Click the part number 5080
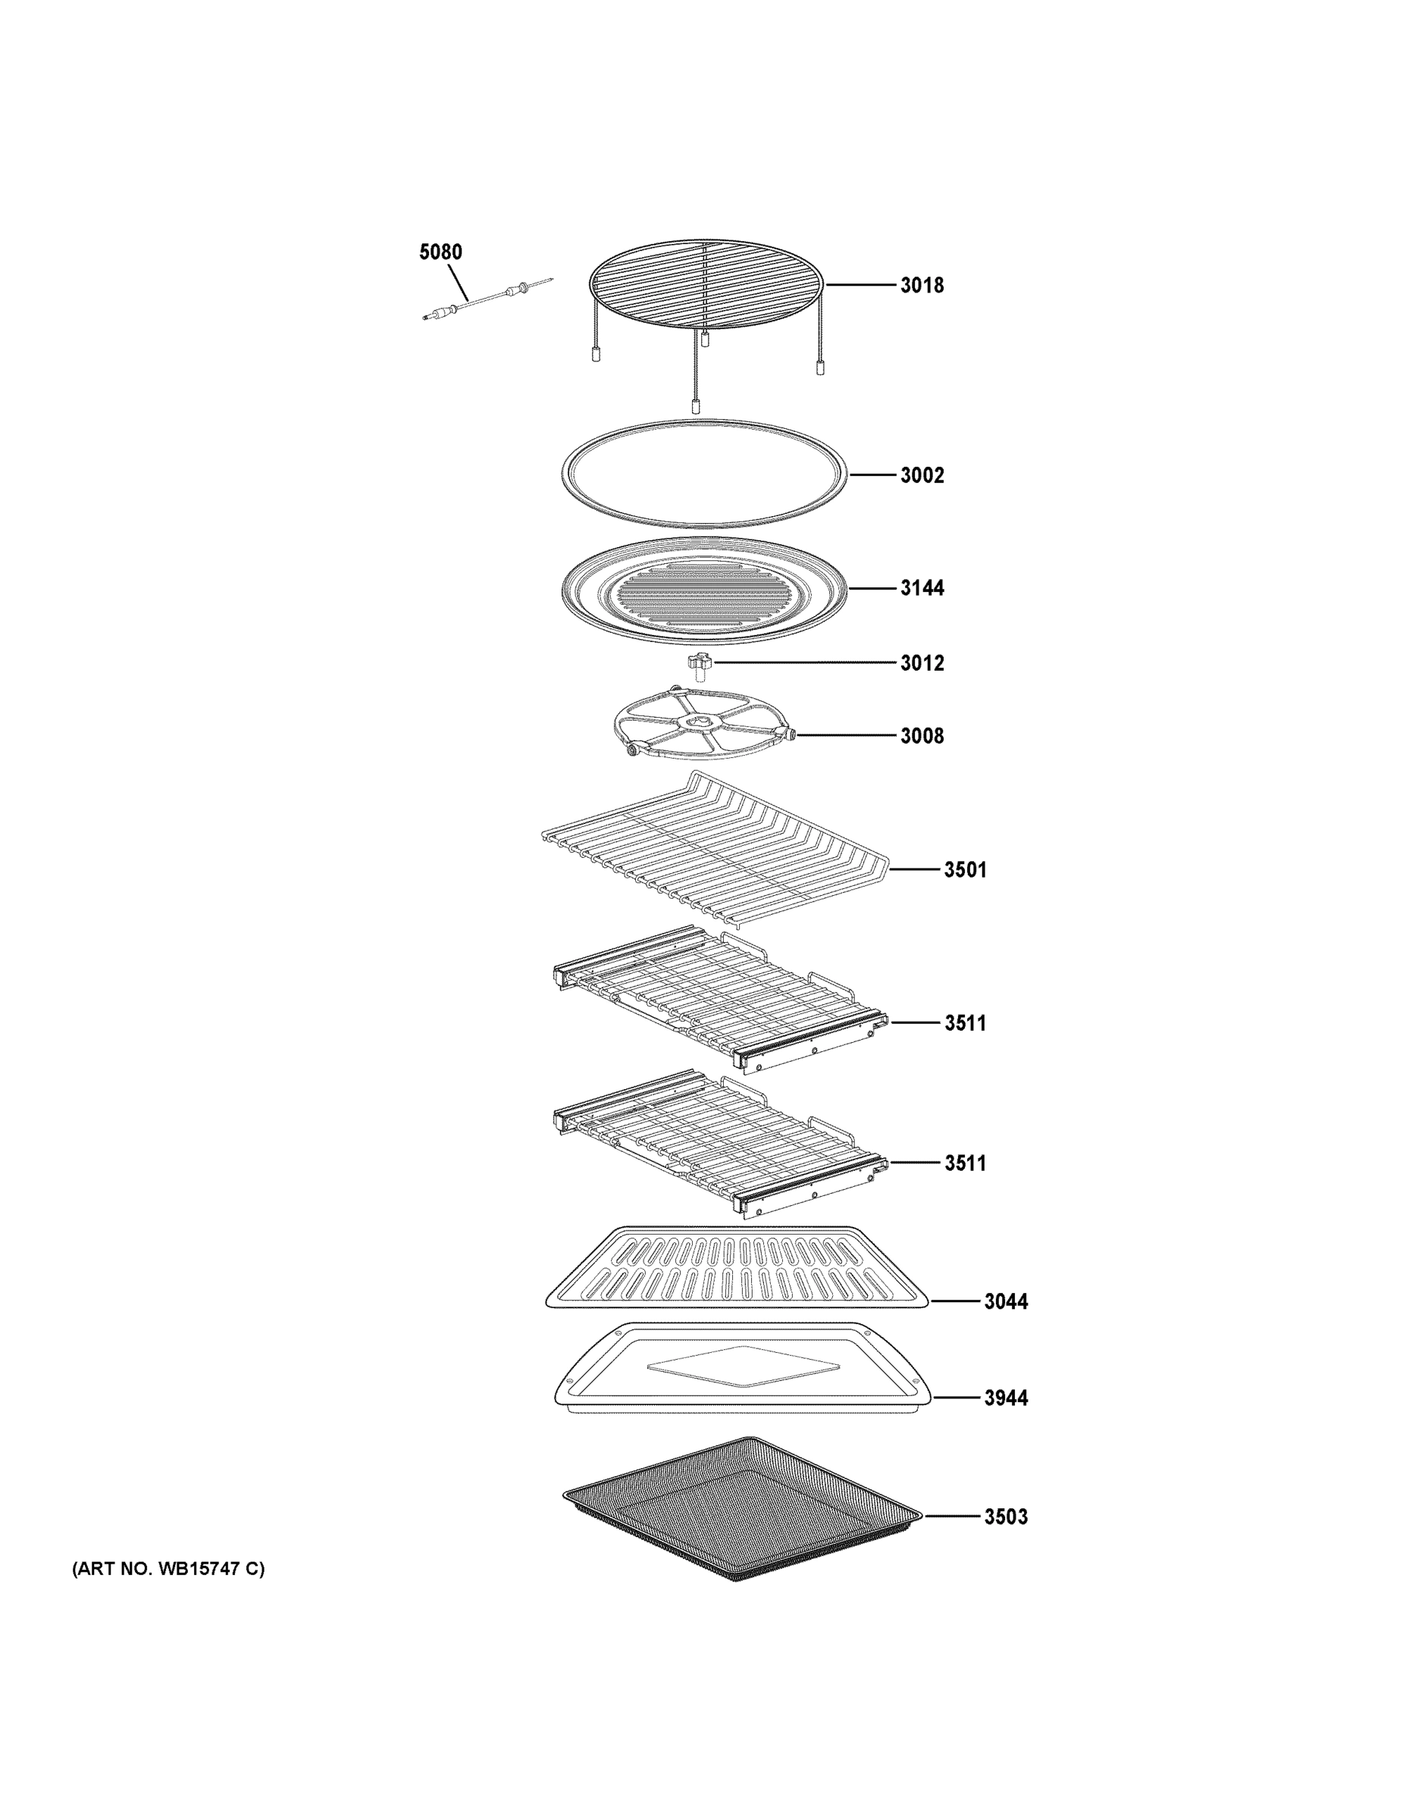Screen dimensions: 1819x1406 (x=440, y=252)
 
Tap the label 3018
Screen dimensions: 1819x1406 (x=922, y=286)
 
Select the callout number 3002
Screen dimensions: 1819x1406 (x=922, y=475)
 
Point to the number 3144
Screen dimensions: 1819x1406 (x=922, y=588)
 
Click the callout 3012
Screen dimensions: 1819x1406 (x=922, y=664)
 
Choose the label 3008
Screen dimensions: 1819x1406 (x=922, y=736)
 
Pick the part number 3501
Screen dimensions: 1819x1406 (x=966, y=870)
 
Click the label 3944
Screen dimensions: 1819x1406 (x=1007, y=1398)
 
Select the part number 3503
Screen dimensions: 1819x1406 (x=1007, y=1517)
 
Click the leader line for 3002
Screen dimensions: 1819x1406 (x=872, y=475)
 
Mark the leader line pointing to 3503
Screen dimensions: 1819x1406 (x=951, y=1517)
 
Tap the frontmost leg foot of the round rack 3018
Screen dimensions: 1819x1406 (x=696, y=407)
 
